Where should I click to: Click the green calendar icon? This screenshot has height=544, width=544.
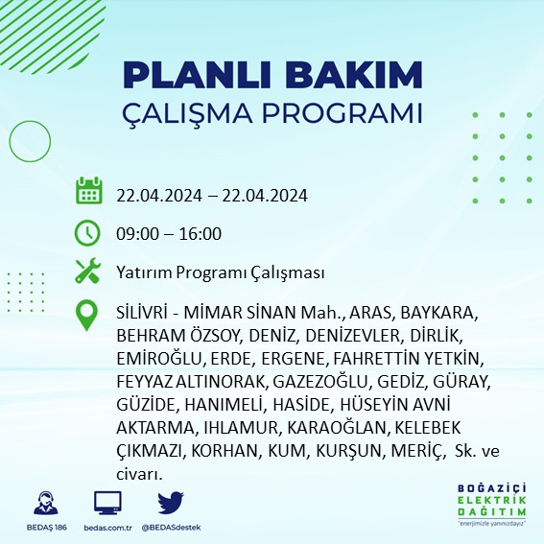click(88, 192)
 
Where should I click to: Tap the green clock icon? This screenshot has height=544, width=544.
click(88, 233)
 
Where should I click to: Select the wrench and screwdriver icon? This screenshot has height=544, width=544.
click(88, 272)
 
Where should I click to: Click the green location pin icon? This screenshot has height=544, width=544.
click(88, 315)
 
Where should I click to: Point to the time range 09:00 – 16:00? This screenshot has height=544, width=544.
click(169, 234)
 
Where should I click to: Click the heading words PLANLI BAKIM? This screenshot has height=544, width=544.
click(272, 75)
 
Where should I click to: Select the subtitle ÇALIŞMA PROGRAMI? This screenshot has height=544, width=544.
click(272, 112)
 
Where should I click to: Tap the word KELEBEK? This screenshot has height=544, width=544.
click(419, 427)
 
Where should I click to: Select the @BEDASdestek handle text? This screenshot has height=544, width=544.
click(171, 528)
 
